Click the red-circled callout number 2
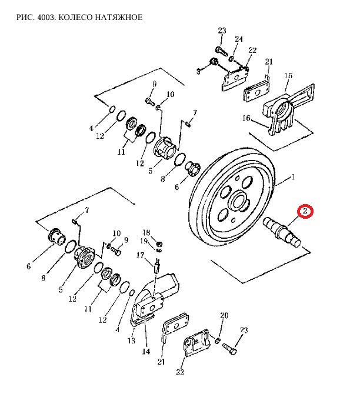[305, 212]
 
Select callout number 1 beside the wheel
[293, 177]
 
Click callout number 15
[288, 75]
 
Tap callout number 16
[246, 118]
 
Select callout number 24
[239, 39]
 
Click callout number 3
[199, 71]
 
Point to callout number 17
[141, 255]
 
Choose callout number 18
[146, 233]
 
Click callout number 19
[144, 241]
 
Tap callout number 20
[224, 316]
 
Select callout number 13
[131, 340]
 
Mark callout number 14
[146, 352]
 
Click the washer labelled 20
[218, 341]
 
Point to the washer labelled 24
[232, 58]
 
